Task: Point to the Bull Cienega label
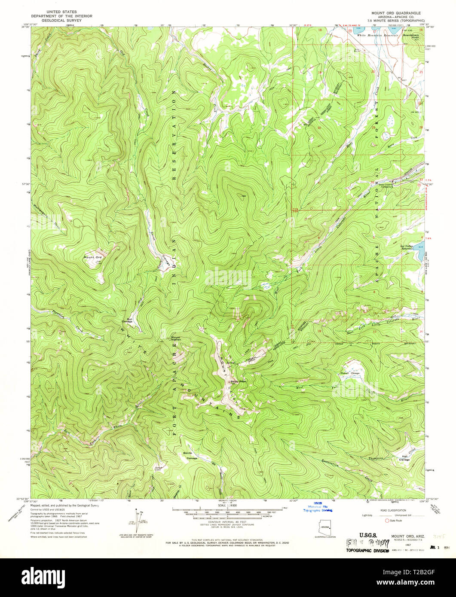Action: tap(126, 320)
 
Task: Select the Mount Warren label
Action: tap(177, 338)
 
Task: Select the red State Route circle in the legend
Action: tap(387, 520)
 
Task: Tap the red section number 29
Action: tap(372, 128)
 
